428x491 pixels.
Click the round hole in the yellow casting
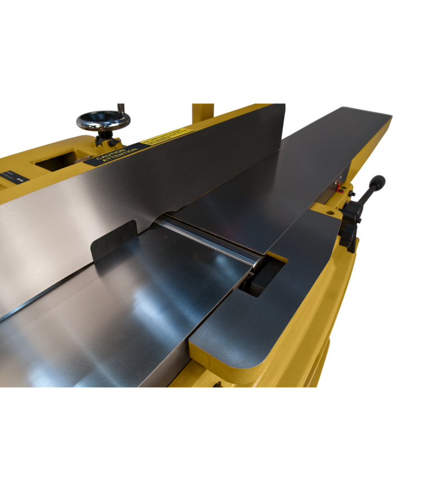[330, 212]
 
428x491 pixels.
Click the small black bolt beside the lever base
[352, 193]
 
